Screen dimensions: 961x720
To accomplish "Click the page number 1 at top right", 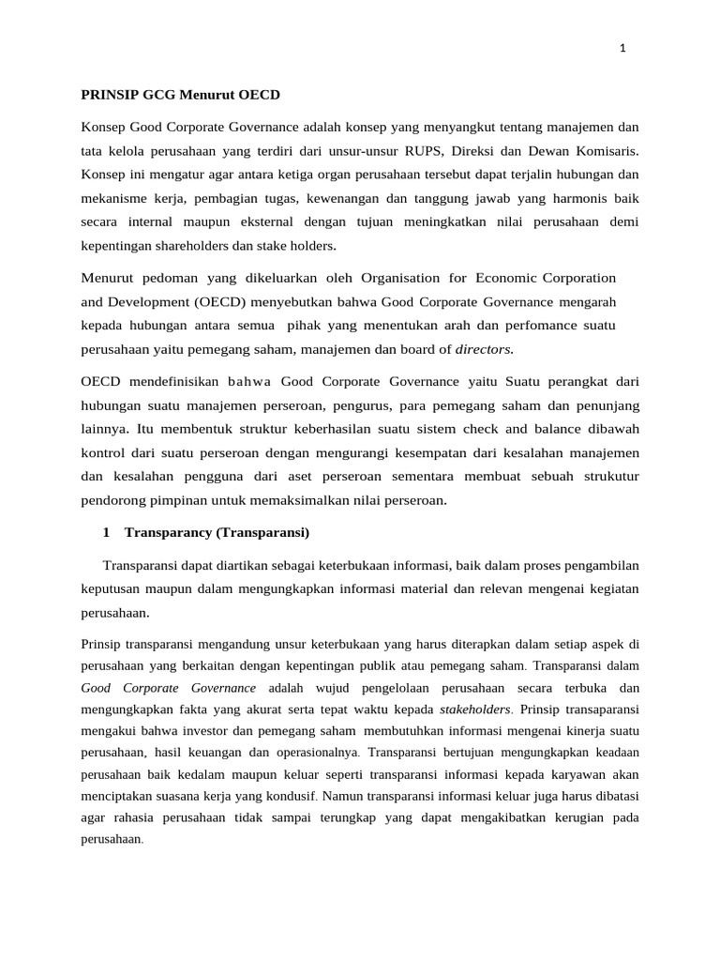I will pos(622,50).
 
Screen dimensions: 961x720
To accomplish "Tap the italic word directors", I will pos(484,350).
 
